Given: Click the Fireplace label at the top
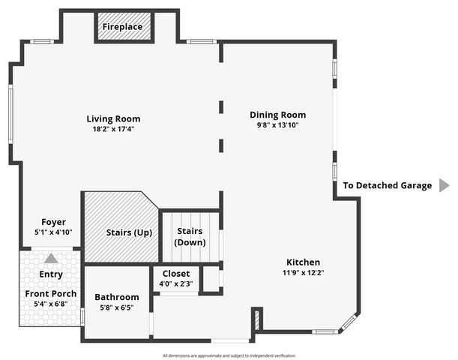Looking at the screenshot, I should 123,27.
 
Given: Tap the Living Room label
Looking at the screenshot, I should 113,118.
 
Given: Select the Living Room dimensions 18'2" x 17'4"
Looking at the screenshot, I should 113,129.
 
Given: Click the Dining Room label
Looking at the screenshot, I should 278,115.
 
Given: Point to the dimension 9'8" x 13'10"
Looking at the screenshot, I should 278,125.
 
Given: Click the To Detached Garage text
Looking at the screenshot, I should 388,185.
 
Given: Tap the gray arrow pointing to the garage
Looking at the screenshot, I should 444,185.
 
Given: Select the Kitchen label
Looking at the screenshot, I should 303,262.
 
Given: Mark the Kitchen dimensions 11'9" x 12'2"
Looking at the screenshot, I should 303,272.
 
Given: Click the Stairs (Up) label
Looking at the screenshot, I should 129,232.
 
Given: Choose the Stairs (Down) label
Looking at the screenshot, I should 190,237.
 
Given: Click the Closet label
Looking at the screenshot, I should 175,274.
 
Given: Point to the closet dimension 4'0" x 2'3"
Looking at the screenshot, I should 175,283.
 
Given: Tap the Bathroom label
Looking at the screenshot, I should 116,297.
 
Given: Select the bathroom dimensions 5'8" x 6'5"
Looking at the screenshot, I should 116,307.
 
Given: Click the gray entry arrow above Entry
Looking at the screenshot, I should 50,259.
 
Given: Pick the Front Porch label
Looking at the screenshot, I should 50,293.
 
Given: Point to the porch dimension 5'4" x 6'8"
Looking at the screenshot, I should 50,304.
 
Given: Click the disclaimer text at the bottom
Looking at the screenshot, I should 229,355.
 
